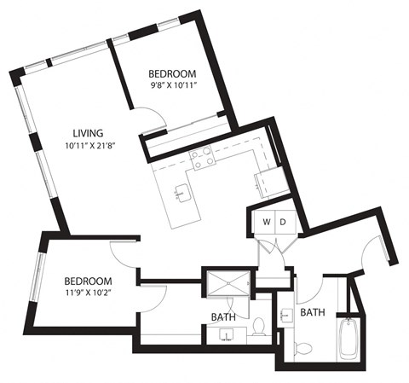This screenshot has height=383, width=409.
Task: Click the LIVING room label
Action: [x=88, y=133]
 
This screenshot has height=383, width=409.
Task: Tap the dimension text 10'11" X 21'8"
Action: [x=89, y=146]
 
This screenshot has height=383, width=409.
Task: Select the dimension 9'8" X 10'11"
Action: [x=173, y=85]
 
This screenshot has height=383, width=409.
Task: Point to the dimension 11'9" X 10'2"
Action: [x=89, y=293]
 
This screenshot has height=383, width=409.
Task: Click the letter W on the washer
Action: [x=267, y=223]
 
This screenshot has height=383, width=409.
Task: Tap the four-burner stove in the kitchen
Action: [x=202, y=156]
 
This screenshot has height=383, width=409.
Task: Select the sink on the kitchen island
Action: [x=181, y=193]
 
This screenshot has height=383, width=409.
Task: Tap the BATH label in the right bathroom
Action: [x=312, y=313]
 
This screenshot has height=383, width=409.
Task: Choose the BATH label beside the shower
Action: [x=223, y=317]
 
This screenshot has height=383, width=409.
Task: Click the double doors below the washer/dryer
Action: [x=274, y=248]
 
